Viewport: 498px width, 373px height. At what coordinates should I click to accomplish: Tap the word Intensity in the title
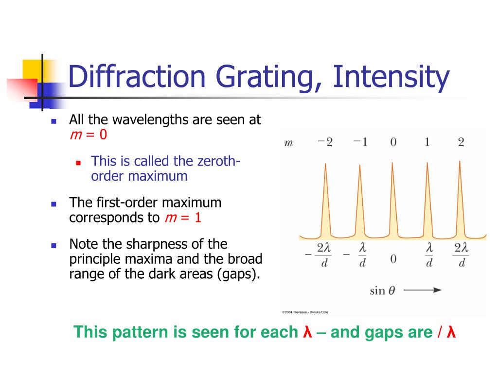pos(391,78)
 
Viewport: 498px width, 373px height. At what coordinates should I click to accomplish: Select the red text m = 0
pos(89,135)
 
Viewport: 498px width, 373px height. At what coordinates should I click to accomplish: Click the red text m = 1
pos(183,218)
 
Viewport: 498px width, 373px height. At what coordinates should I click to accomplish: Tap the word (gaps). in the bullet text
pos(238,274)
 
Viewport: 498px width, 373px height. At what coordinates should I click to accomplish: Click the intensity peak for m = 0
pos(392,200)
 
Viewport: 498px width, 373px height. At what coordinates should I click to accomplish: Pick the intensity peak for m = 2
pos(460,199)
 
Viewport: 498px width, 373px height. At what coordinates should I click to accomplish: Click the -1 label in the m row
pos(360,142)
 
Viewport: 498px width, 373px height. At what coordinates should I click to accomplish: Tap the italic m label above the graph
pos(288,143)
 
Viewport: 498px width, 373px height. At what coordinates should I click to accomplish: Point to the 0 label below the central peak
pos(393,259)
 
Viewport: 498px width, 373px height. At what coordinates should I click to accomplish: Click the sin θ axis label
pos(383,290)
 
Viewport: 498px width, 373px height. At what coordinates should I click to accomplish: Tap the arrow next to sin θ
pos(423,289)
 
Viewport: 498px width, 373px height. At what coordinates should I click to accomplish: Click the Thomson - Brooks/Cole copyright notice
pos(305,312)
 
